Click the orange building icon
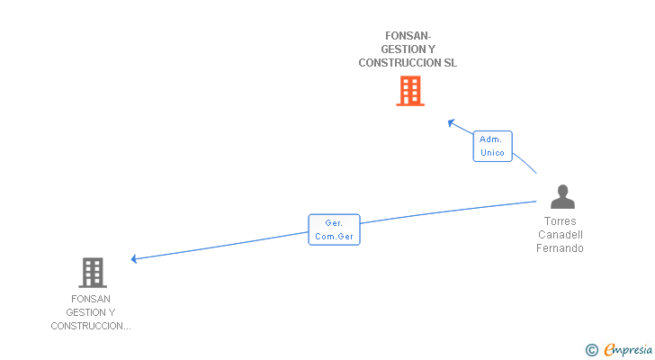(x=409, y=91)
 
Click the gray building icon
(x=92, y=272)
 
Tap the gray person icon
(x=562, y=197)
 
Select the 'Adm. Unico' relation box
(x=492, y=146)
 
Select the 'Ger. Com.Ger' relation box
(x=334, y=229)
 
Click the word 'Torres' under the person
(x=561, y=221)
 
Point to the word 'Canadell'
(x=561, y=235)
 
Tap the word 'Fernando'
(x=561, y=248)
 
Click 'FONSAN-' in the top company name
(x=408, y=36)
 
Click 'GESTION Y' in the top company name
(x=408, y=49)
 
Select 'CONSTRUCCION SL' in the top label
(x=408, y=63)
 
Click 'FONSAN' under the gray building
(x=91, y=299)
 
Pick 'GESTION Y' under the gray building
(x=91, y=312)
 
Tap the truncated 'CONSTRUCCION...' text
(x=91, y=326)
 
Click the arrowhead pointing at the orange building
(x=452, y=122)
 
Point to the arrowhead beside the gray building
(x=134, y=259)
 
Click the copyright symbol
(x=591, y=350)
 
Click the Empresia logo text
(x=628, y=350)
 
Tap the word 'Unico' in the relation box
(x=492, y=153)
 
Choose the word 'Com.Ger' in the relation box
(x=334, y=237)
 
